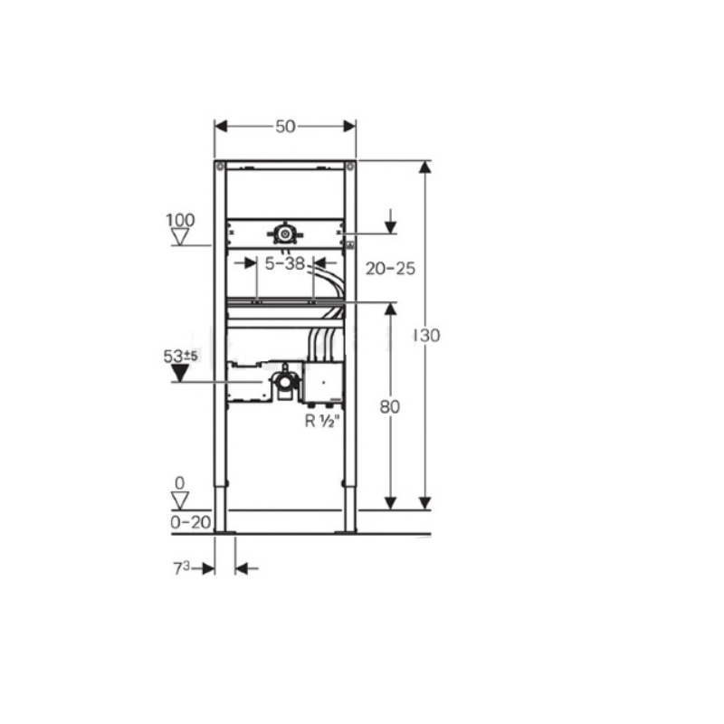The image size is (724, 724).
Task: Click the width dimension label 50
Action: point(285,127)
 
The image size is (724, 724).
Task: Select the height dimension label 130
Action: point(427,335)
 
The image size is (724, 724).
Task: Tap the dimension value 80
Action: point(390,406)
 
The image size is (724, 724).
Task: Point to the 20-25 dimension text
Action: point(391,268)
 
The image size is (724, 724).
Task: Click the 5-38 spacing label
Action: point(285,263)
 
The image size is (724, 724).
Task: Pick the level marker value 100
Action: point(180,220)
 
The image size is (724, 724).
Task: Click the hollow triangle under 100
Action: point(180,237)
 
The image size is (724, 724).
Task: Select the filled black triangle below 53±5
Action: point(180,373)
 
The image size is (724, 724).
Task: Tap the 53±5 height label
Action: point(180,356)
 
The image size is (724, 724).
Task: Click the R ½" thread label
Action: point(323,421)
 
